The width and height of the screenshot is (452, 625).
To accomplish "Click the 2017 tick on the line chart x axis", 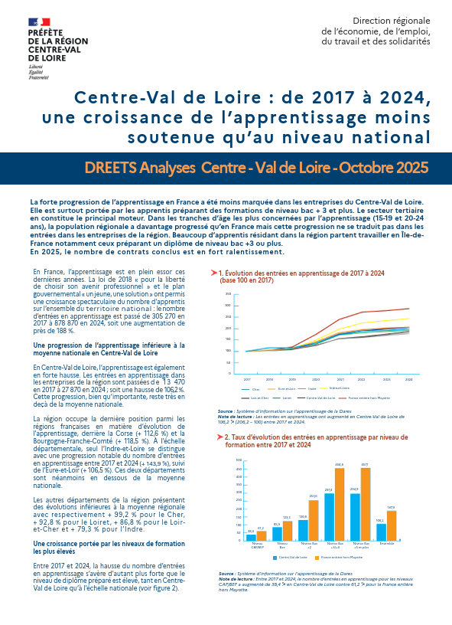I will pos(247,379).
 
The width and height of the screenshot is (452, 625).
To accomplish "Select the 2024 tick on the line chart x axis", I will pos(408,379).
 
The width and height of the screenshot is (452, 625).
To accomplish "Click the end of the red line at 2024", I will pos(408,309).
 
